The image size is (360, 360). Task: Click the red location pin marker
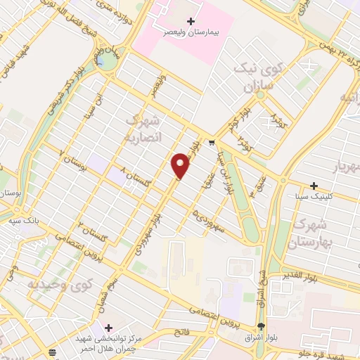pos(181,165)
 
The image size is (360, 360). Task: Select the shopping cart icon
pos(212,143)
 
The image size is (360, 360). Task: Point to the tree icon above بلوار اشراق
pos(262,326)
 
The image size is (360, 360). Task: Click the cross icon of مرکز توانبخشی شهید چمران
pos(108,328)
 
